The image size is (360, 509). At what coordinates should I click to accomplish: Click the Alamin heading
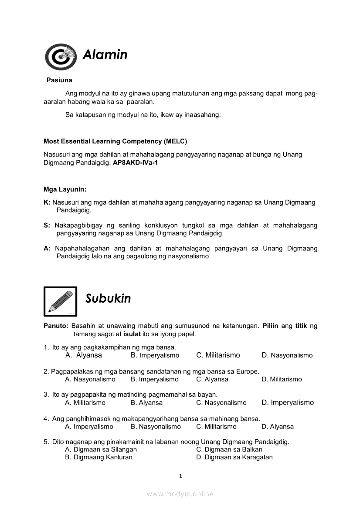(105, 55)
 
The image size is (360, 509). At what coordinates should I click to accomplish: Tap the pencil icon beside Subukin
(60, 301)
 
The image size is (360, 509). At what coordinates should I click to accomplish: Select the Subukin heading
(108, 299)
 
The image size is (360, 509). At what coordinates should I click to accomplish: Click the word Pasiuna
(59, 80)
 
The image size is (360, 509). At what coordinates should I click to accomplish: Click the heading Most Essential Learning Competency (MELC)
(115, 141)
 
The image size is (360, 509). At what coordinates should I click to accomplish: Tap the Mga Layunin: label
(65, 189)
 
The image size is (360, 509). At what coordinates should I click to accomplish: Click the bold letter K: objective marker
(47, 202)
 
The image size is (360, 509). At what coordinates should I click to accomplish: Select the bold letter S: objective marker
(47, 226)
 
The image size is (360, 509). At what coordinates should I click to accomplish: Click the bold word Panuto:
(56, 326)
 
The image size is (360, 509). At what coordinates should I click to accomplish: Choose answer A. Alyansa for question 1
(83, 355)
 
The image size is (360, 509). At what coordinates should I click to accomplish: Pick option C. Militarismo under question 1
(218, 355)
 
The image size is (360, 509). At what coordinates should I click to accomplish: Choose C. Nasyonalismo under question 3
(221, 403)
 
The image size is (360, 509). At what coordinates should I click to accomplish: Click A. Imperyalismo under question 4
(89, 427)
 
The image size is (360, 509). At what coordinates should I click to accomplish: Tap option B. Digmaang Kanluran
(98, 457)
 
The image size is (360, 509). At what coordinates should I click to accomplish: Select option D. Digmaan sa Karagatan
(234, 457)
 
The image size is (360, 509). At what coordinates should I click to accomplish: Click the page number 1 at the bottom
(180, 476)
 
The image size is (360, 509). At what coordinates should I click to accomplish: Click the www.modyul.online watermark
(180, 494)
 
